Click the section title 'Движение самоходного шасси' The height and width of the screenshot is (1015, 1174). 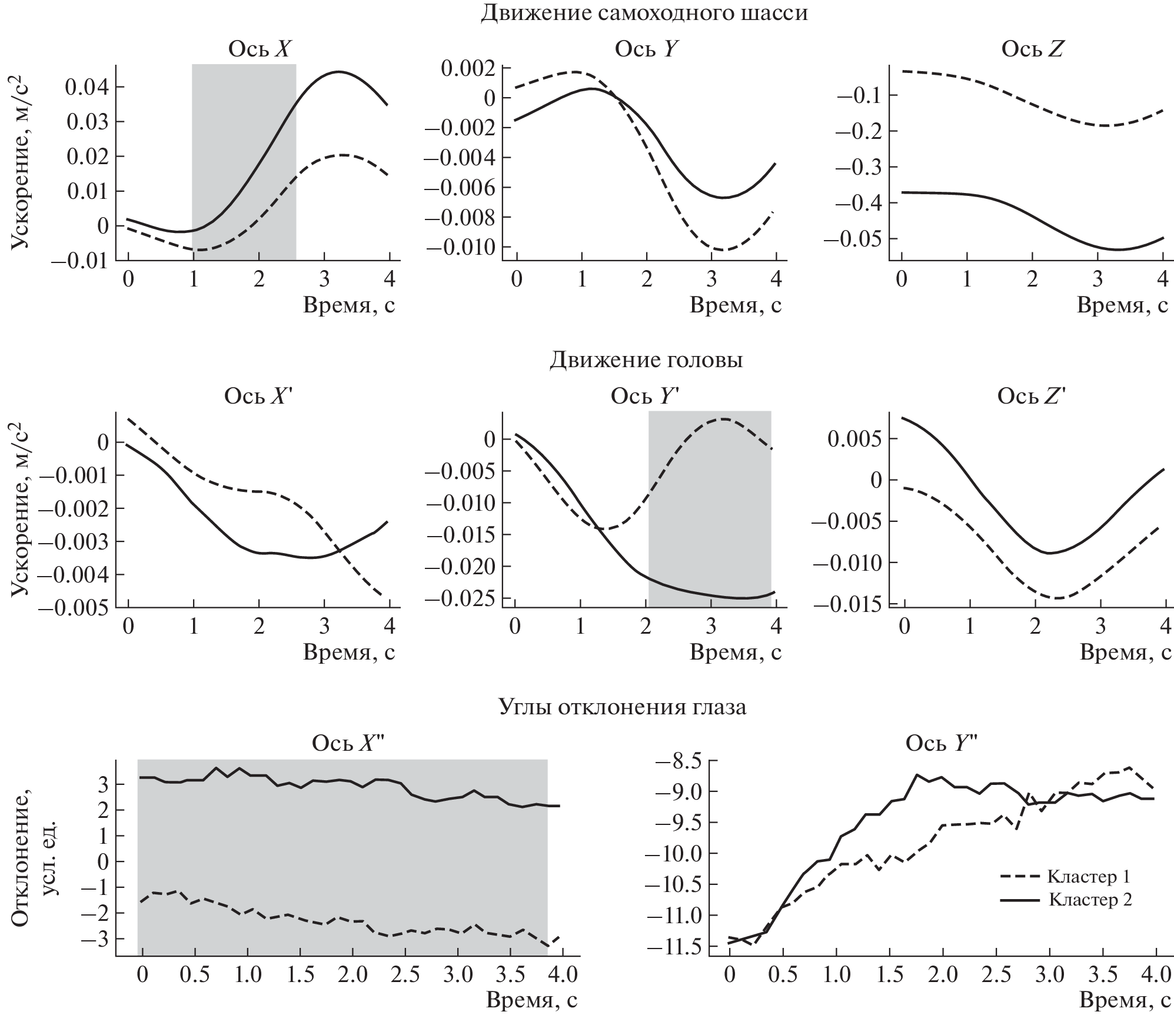644,13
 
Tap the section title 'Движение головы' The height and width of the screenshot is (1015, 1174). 646,360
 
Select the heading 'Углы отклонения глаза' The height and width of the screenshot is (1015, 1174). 622,707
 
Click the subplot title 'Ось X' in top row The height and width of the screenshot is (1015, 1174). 259,49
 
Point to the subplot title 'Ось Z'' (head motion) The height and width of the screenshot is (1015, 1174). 1032,397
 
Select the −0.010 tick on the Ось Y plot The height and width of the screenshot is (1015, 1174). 461,247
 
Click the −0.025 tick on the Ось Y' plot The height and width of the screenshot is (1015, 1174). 461,598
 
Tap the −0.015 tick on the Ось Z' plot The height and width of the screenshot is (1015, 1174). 847,604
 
